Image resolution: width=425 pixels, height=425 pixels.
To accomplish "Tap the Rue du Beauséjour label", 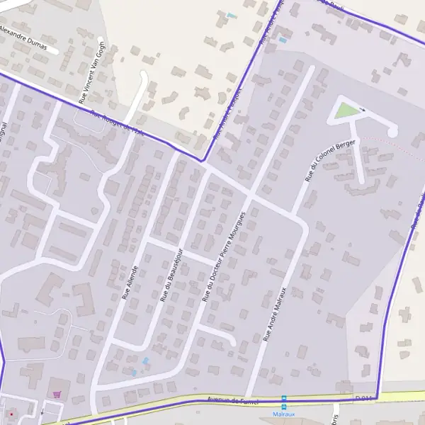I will (x=171, y=275).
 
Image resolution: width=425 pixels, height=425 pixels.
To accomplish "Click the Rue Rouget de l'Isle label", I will (x=118, y=122).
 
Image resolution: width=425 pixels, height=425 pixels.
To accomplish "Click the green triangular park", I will (x=346, y=111).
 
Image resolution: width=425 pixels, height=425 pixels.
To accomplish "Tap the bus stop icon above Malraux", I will (x=284, y=400).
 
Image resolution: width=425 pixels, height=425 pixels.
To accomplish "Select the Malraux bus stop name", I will (x=283, y=414).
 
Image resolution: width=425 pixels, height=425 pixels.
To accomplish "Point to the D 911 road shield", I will (x=363, y=399).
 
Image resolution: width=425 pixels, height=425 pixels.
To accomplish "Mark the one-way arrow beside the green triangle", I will (x=363, y=109).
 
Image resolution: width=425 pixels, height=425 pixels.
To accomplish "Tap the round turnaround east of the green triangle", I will (x=392, y=132).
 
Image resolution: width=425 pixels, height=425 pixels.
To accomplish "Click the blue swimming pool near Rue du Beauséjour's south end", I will (x=145, y=361).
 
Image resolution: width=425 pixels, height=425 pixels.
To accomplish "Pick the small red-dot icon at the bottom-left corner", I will (x=11, y=413).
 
